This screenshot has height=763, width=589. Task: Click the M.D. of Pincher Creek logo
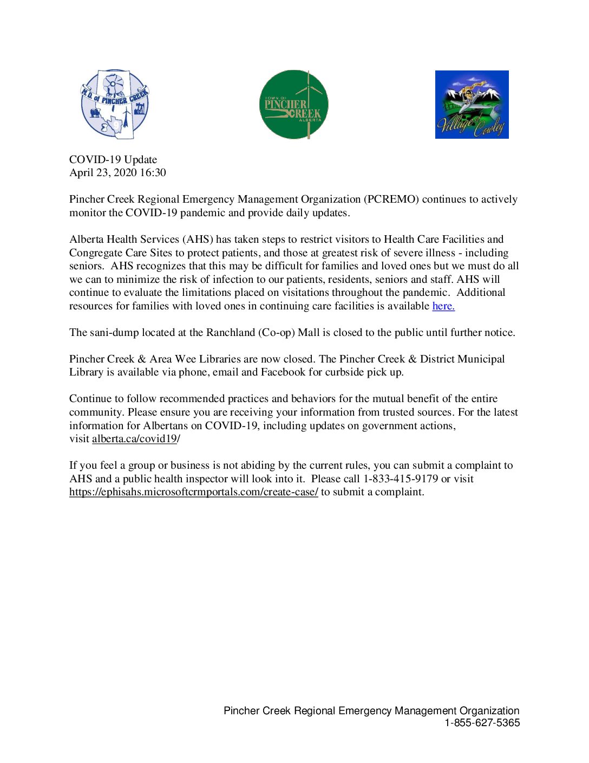[115, 104]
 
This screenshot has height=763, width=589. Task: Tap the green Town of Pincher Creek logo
[294, 104]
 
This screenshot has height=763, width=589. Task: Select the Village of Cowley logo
[472, 105]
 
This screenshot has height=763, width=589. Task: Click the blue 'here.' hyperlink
[443, 306]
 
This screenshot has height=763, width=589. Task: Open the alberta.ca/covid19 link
[134, 439]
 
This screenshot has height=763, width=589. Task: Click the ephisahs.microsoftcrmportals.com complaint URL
[193, 492]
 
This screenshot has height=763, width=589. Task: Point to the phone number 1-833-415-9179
[400, 479]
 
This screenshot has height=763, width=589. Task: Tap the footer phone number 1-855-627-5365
[482, 723]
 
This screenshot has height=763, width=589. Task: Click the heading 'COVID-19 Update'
[113, 160]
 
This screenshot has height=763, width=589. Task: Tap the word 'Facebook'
[283, 372]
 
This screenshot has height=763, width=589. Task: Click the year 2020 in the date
[125, 173]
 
